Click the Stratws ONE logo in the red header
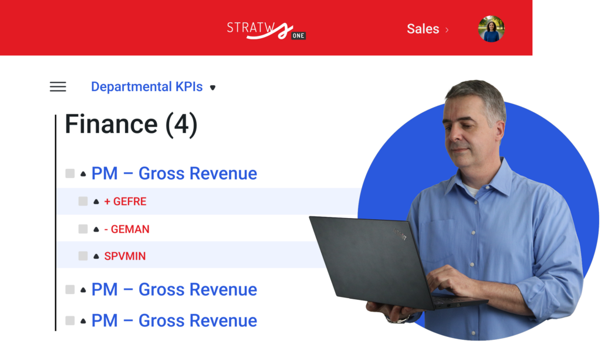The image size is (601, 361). point(266,31)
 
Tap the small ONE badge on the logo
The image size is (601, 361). point(298,36)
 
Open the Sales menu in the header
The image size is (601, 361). point(427,29)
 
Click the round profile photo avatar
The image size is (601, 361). point(491,29)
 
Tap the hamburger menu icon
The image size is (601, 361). point(58,87)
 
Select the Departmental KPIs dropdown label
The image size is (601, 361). point(147,87)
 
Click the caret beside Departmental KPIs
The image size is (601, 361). point(212,88)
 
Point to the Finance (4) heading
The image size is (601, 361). point(131,124)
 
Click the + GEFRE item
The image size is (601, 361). point(126,202)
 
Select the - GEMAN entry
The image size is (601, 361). point(127,229)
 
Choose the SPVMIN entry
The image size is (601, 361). point(125,256)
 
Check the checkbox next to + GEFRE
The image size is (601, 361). point(83,201)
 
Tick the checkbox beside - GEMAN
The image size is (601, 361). point(83,229)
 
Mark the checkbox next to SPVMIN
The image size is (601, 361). point(83,256)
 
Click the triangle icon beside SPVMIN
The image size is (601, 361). point(96,256)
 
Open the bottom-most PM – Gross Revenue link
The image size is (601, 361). point(174,320)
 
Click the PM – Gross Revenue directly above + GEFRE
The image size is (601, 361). point(174,173)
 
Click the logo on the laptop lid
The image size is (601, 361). point(399,234)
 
